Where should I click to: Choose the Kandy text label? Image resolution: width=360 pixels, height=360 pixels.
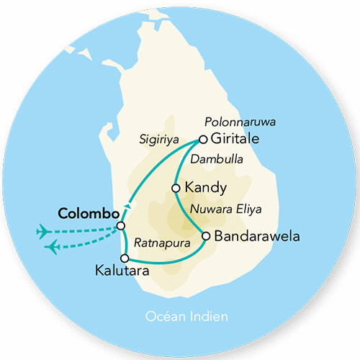click(x=206, y=188)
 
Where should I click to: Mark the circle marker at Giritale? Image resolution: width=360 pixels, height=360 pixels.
click(x=204, y=139)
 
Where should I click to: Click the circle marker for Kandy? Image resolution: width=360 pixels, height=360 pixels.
click(x=176, y=188)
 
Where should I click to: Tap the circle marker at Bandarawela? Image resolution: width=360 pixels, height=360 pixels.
click(x=206, y=235)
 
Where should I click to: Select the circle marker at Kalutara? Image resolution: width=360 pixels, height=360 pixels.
click(x=125, y=258)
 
